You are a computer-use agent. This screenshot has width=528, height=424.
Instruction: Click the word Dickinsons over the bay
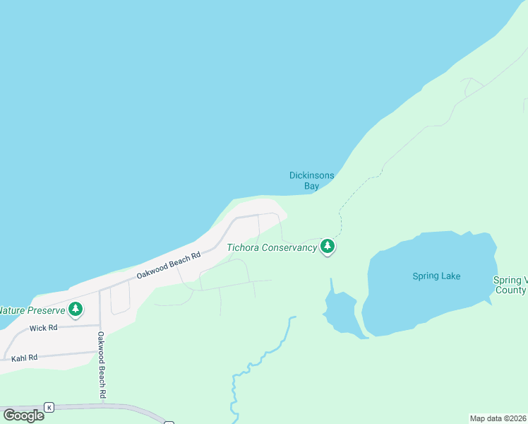(311, 175)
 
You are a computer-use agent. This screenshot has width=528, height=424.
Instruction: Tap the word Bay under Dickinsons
(311, 186)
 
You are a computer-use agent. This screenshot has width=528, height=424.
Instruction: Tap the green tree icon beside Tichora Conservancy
(327, 247)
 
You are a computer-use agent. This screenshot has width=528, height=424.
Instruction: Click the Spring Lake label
(436, 276)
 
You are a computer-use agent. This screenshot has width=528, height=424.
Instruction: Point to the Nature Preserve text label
(32, 310)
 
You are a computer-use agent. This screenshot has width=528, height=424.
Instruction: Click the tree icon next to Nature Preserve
(76, 309)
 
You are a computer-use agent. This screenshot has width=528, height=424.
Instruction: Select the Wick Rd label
(42, 329)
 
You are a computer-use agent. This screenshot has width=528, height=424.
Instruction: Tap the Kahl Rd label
(24, 358)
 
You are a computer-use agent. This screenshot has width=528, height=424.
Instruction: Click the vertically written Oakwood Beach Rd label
(102, 364)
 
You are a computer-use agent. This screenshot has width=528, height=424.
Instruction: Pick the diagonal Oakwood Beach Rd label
(169, 264)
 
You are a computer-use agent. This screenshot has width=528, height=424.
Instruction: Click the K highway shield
(49, 407)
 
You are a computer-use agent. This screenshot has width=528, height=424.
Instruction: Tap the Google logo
(23, 415)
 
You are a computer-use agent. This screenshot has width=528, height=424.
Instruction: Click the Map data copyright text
(498, 418)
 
